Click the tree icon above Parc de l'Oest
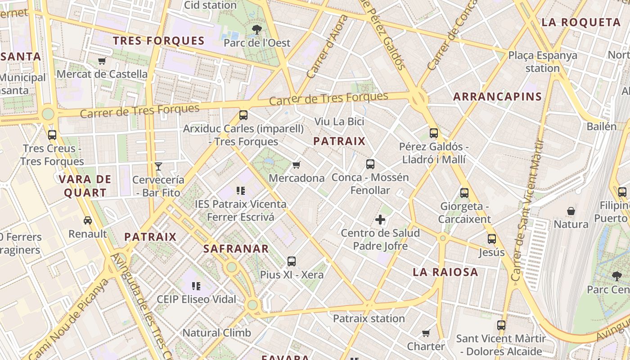point(257,30)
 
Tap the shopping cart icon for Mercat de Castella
point(102,61)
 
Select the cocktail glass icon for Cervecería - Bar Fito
point(158,166)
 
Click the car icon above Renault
point(88,220)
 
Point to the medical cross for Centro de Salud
point(380,220)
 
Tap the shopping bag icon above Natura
point(571,211)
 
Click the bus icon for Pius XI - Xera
point(292,261)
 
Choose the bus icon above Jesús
point(492,239)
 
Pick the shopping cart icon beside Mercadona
point(296,165)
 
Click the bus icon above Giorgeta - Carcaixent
point(464,193)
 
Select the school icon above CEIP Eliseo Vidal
point(196,286)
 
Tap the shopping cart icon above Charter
point(426,333)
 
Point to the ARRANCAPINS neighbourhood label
point(497,96)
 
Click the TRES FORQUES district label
point(159,41)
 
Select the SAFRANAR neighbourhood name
point(236,248)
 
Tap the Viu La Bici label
point(339,121)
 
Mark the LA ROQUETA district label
point(581,22)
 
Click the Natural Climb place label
point(216,333)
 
